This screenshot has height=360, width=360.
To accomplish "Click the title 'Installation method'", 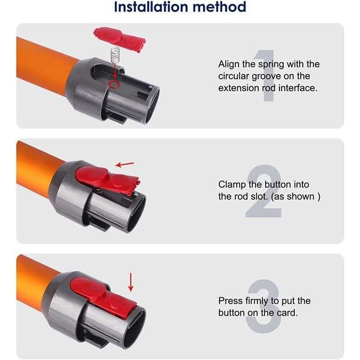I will click(x=180, y=7).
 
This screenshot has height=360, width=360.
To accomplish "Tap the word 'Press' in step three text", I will click(x=230, y=301).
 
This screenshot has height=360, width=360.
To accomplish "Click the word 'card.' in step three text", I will click(x=287, y=313).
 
